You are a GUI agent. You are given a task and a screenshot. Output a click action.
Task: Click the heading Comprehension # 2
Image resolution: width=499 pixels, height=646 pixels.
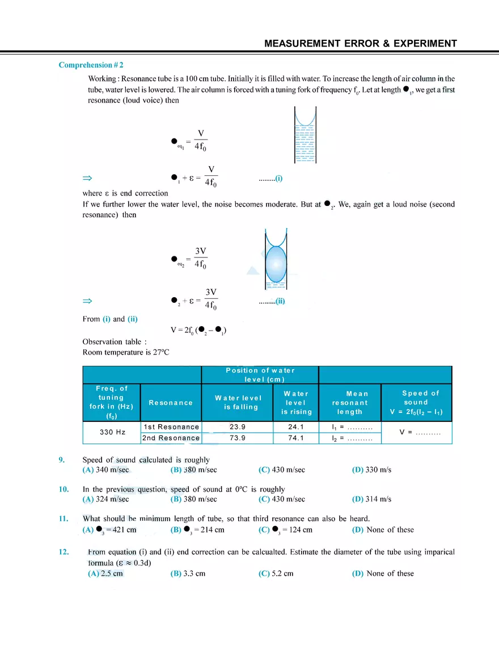coord(91,65)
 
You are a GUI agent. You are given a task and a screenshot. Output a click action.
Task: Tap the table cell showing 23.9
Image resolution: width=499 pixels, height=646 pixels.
coord(237,427)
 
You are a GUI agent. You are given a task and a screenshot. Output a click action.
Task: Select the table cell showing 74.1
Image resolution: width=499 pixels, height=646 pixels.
coord(296,438)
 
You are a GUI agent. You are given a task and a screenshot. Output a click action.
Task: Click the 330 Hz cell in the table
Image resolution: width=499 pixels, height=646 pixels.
coord(112,432)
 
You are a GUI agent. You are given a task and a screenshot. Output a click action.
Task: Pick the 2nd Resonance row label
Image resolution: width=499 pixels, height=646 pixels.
coord(171,438)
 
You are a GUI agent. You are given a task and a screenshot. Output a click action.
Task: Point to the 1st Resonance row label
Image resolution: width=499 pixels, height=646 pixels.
coord(171,427)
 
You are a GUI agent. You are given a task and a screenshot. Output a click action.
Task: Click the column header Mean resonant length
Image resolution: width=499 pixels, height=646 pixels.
coord(350,403)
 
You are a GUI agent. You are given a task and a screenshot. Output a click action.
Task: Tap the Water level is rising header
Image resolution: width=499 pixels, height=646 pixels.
coord(296,403)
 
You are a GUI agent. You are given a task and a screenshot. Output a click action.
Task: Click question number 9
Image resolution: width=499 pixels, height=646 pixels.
coord(63,460)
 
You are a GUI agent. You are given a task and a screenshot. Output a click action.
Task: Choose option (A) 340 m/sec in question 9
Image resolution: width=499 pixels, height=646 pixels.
coord(106,470)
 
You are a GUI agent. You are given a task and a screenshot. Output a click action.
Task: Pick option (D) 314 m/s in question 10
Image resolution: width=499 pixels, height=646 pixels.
coord(371,499)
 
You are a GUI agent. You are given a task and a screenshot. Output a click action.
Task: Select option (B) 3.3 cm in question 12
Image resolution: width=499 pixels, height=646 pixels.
coord(188,573)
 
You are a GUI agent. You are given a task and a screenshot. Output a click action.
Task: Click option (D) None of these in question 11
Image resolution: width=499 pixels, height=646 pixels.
coord(383,530)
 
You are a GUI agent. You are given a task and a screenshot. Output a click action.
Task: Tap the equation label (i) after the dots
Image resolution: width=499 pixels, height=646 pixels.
coord(278,178)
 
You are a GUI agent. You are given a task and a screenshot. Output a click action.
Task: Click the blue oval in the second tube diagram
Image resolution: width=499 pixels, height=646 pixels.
coord(276,263)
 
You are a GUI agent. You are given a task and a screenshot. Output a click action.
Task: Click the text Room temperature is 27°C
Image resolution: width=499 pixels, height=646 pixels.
coord(126,352)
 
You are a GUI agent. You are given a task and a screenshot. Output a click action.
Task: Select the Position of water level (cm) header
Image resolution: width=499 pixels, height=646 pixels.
coord(260,375)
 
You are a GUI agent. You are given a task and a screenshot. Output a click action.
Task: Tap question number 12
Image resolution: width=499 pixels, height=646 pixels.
coord(64,552)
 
